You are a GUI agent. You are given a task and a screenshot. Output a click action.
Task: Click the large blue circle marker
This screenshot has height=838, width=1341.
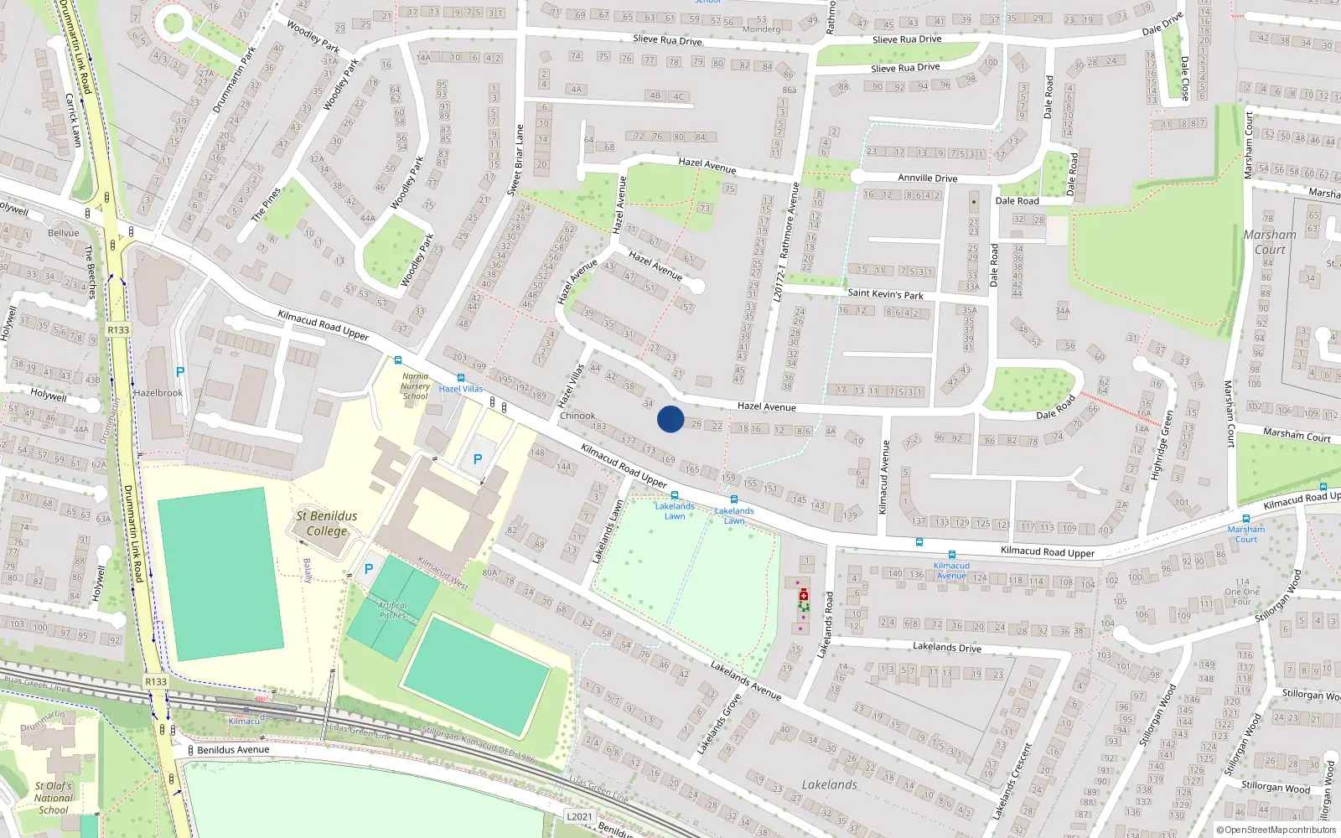pos(670,419)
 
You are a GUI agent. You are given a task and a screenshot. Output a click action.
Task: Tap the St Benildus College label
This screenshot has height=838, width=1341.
pos(327,523)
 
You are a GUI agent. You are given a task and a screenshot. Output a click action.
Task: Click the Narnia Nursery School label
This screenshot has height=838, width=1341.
pos(416,385)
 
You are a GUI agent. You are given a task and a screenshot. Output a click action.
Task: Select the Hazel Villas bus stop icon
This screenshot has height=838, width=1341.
pos(461,378)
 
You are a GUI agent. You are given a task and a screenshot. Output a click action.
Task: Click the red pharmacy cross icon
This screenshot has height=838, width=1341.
pos(804,594)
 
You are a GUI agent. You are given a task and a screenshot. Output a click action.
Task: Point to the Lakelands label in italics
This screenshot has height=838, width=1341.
pos(829,784)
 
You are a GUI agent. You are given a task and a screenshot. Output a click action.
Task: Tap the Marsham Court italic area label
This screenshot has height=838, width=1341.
pos(1270,241)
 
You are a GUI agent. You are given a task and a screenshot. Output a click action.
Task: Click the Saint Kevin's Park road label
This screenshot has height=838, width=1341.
pos(885,294)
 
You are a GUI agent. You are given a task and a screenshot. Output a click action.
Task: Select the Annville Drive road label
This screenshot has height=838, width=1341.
pos(927,178)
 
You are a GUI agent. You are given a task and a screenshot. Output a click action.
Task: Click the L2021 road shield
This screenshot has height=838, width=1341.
pos(579,816)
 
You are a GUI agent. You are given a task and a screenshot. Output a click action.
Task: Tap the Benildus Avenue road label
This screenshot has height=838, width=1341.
pos(233,750)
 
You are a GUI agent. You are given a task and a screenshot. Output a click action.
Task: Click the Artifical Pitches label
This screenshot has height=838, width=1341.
pos(392,610)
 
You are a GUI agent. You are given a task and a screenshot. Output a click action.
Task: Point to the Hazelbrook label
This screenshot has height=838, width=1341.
pos(158,392)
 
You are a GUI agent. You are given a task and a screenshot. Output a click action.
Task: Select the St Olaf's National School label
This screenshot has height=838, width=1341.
pos(54,798)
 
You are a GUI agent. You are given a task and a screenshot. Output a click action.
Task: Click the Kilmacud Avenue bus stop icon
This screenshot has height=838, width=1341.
pos(952,555)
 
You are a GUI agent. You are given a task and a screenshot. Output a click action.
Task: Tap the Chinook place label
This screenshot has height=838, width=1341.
pos(577,416)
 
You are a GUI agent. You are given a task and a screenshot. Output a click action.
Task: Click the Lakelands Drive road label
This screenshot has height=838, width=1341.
pos(946,647)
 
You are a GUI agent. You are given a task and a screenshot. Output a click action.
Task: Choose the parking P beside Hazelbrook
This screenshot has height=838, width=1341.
pos(180,371)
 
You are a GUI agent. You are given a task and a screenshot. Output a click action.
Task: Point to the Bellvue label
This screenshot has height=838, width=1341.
pos(64,233)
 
